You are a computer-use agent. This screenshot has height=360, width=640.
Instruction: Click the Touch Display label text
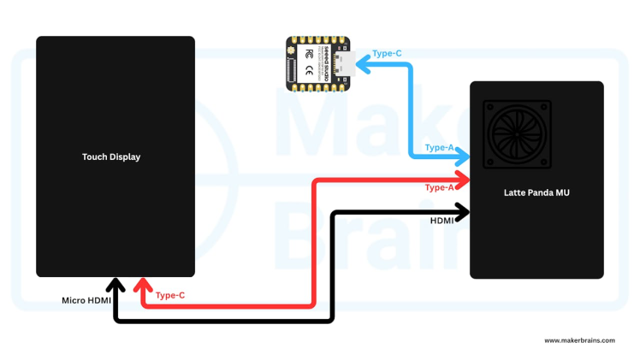pyautogui.click(x=111, y=156)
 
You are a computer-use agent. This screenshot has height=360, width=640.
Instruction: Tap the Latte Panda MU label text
pyautogui.click(x=536, y=192)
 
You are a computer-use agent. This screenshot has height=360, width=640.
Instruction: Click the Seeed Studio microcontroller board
pyautogui.click(x=317, y=62)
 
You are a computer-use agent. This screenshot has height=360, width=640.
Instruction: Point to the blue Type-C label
pyautogui.click(x=387, y=54)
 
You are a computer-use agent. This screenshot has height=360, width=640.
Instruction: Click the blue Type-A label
pyautogui.click(x=439, y=147)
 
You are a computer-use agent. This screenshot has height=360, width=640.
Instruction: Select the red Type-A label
pyautogui.click(x=439, y=187)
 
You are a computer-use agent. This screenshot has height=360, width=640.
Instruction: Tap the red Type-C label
pyautogui.click(x=170, y=295)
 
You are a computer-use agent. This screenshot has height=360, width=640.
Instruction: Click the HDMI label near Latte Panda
pyautogui.click(x=442, y=221)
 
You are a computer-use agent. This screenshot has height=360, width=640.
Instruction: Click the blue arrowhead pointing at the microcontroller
pyautogui.click(x=360, y=62)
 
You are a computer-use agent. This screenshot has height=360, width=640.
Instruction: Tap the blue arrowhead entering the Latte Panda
pyautogui.click(x=463, y=156)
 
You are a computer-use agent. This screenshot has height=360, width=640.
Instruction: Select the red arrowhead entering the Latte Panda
pyautogui.click(x=463, y=179)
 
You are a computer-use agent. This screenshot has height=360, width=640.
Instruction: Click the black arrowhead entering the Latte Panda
pyautogui.click(x=463, y=210)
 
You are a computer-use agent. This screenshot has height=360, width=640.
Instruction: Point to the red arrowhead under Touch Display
pyautogui.click(x=143, y=285)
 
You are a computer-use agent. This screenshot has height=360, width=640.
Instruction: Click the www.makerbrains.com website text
pyautogui.click(x=579, y=340)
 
